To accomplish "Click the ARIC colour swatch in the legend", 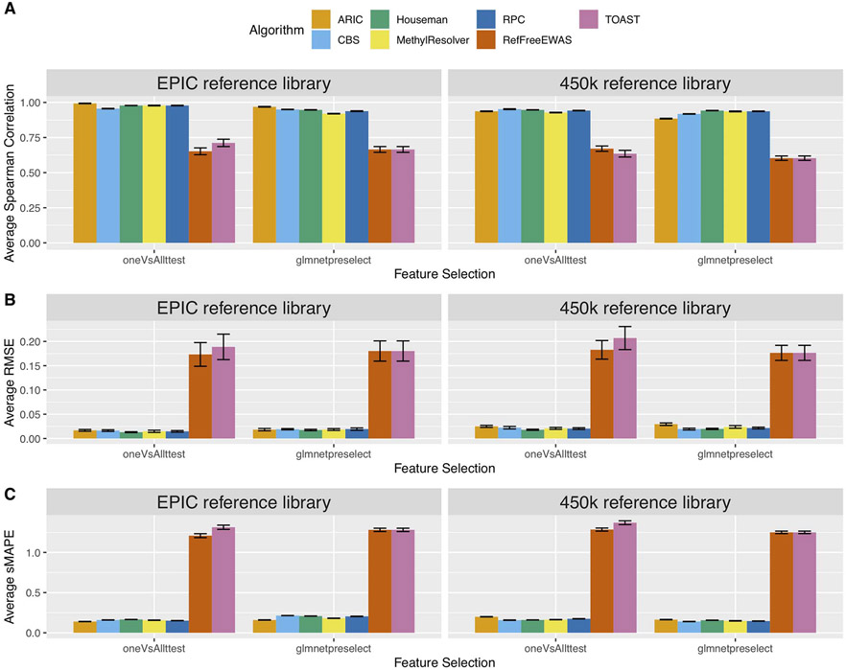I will [x=325, y=17].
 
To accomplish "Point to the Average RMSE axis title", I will [x=10, y=386].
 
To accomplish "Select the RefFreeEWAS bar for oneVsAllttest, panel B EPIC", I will [x=200, y=397].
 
